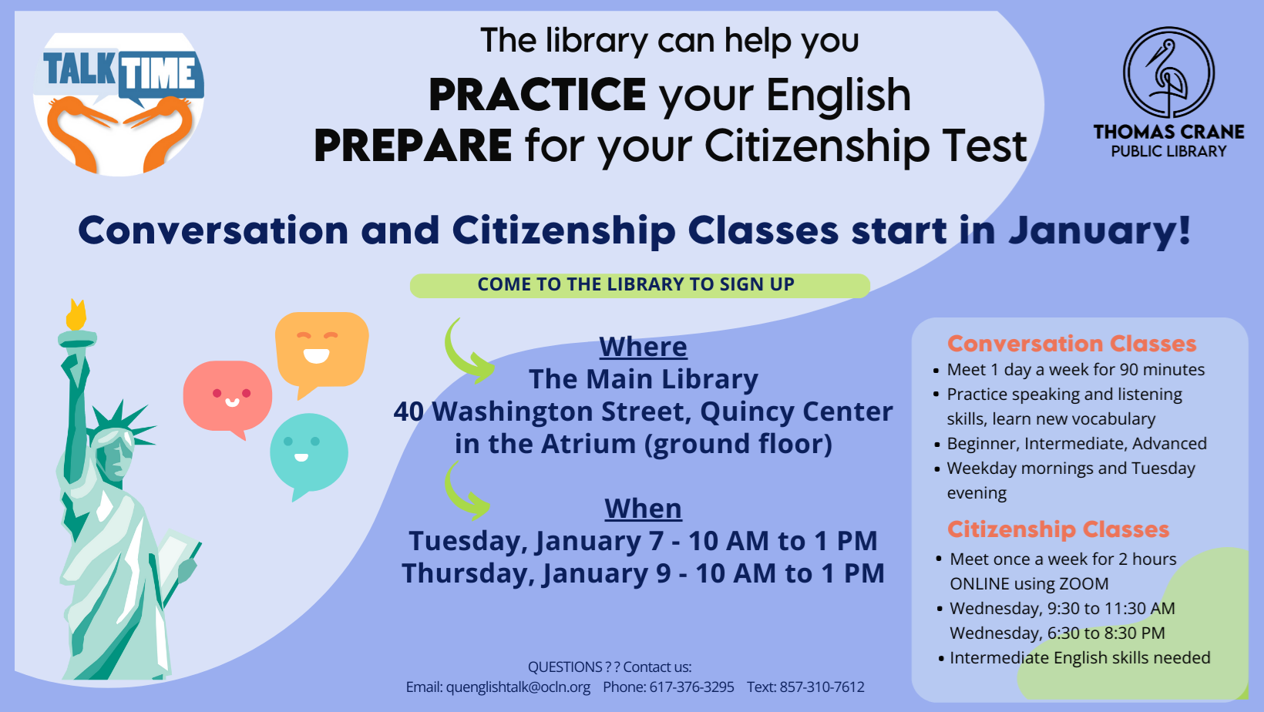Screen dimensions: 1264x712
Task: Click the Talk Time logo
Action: tap(119, 104)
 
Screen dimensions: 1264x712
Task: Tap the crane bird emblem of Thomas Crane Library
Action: tap(1168, 72)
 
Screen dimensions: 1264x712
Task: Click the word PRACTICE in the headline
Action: tap(537, 95)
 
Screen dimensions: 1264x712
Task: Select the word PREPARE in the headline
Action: tap(413, 145)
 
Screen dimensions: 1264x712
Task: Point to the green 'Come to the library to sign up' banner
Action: tap(640, 285)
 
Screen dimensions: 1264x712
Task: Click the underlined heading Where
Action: tap(643, 347)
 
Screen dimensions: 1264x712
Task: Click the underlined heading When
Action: tap(643, 509)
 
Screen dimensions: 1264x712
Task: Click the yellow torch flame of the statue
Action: tap(76, 315)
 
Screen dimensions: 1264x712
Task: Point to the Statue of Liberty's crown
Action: tap(121, 426)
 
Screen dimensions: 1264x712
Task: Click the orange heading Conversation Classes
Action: tap(1071, 343)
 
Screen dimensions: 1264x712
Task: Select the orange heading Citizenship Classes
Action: tap(1058, 529)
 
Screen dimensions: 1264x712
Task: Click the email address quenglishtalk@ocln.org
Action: tap(518, 687)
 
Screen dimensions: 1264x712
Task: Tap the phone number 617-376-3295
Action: tap(691, 687)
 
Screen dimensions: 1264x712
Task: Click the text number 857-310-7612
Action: tap(822, 687)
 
